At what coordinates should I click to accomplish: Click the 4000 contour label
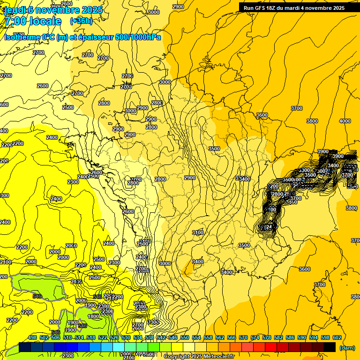pos(345,121)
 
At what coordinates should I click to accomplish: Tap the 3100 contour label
pos(197,232)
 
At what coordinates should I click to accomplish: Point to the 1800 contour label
pos(93,316)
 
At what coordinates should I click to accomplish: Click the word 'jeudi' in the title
pos(14,10)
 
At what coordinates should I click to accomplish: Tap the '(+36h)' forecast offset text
pos(81,21)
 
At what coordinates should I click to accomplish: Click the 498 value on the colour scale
pos(32,337)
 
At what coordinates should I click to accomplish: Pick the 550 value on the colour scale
pos(185,337)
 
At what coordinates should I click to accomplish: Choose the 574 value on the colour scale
pos(255,337)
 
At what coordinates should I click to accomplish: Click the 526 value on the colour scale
pos(114,337)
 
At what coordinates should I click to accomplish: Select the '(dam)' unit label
pos(346,347)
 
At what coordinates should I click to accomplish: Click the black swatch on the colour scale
pos(330,347)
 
